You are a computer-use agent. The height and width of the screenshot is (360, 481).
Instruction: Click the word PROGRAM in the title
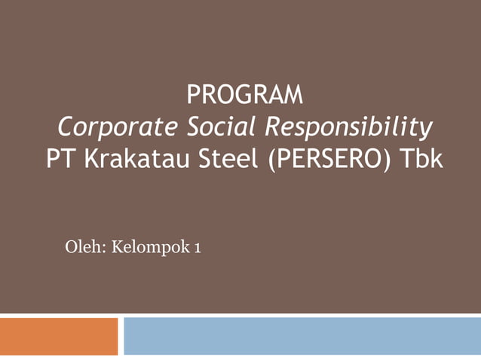click(x=244, y=96)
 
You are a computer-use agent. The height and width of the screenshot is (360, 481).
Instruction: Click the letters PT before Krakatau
click(x=58, y=160)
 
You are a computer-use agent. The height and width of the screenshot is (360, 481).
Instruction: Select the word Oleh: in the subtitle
click(x=85, y=246)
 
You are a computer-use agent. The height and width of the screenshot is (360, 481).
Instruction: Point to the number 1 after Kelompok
click(x=198, y=247)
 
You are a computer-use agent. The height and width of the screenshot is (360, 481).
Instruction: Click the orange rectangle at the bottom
click(x=59, y=336)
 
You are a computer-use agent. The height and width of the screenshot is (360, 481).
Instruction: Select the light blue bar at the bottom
click(x=302, y=336)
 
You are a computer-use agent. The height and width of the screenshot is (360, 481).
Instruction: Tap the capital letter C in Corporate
click(x=66, y=128)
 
